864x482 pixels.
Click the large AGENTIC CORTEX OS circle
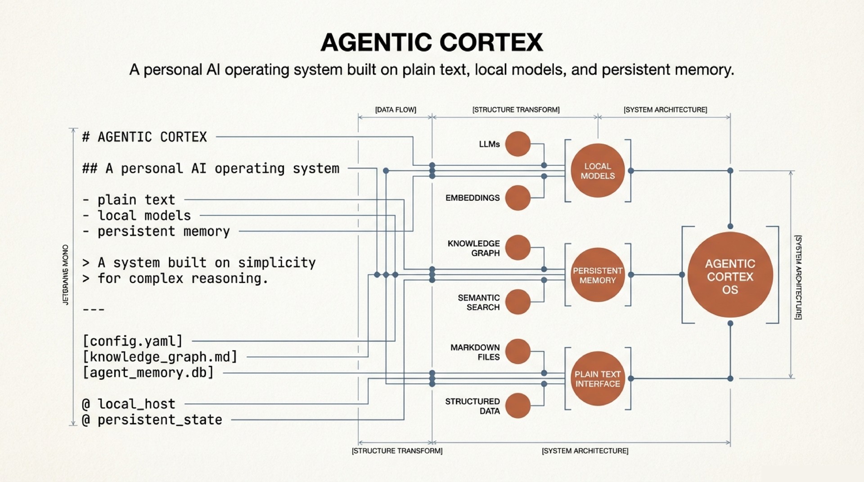[730, 275]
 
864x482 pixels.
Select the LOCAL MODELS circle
[598, 171]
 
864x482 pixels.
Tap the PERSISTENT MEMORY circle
[598, 275]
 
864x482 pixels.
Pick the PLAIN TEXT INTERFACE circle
[598, 378]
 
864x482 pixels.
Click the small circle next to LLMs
[517, 144]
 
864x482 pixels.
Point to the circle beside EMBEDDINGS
[517, 198]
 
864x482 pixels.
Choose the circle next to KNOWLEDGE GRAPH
[517, 248]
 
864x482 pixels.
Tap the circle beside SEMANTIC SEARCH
[517, 302]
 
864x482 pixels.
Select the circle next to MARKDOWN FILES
[517, 351]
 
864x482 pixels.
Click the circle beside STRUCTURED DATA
[517, 405]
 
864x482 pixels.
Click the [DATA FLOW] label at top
[396, 110]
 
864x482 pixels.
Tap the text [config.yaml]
[133, 341]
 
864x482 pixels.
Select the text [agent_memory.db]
[148, 373]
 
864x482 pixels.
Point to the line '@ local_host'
[129, 404]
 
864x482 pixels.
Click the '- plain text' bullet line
[129, 200]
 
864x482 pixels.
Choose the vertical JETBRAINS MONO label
[66, 275]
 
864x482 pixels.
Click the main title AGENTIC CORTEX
[432, 43]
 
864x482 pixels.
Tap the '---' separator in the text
[94, 310]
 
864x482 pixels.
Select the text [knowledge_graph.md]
[160, 357]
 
